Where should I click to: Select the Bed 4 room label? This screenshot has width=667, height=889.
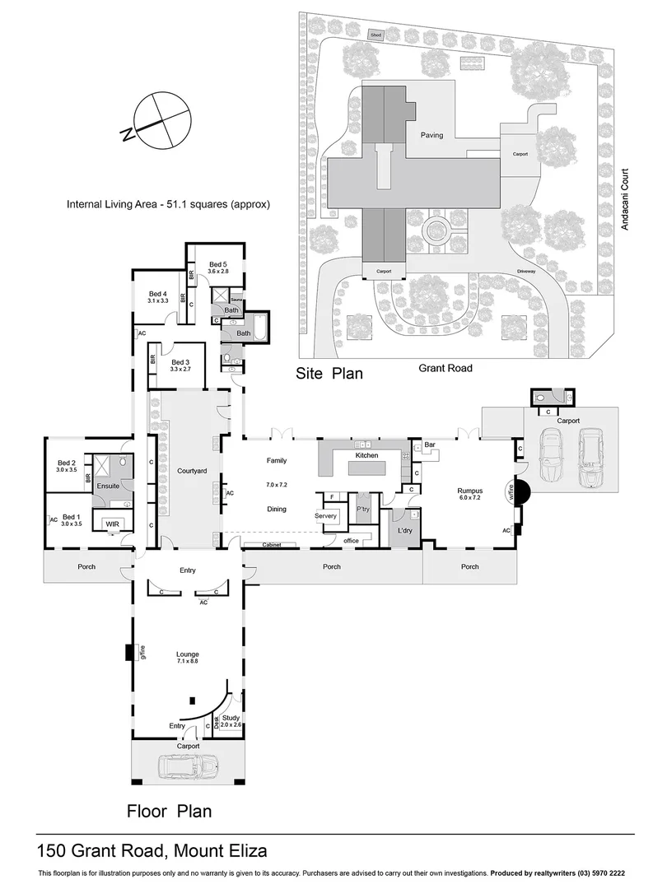(158, 294)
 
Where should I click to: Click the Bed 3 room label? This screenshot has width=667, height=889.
(181, 362)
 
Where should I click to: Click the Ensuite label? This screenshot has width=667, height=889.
(108, 486)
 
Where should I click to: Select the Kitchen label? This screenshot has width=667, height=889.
(366, 454)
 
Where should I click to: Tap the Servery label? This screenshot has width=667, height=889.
(326, 516)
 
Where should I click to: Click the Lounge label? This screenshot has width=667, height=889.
(187, 654)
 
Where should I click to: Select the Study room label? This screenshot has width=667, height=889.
(231, 718)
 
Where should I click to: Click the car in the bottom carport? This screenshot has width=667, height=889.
(186, 768)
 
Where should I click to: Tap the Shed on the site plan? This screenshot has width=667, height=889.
(375, 35)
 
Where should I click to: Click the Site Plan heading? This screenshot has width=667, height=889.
(329, 374)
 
